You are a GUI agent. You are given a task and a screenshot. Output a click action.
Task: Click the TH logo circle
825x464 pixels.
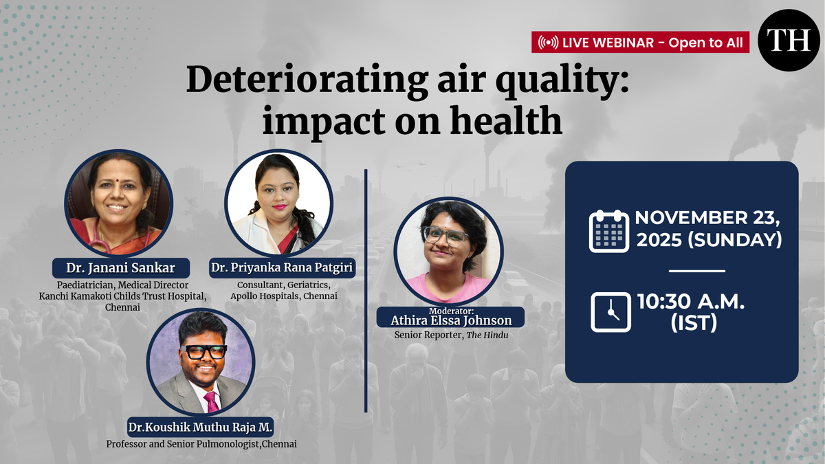tap(789, 41)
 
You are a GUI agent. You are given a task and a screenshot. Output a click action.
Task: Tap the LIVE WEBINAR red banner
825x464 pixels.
tap(640, 43)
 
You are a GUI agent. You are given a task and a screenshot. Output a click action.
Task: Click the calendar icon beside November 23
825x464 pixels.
tap(609, 231)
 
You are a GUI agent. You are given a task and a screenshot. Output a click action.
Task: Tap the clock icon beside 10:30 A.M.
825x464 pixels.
tap(610, 312)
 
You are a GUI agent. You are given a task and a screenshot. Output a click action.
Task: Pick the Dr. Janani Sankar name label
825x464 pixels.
tap(121, 267)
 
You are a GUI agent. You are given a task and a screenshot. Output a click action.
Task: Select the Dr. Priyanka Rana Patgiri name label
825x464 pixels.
tap(282, 267)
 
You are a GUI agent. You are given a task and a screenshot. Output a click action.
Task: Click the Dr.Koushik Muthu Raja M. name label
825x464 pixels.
tap(200, 427)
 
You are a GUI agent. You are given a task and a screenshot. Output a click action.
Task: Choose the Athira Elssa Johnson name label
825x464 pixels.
tap(451, 320)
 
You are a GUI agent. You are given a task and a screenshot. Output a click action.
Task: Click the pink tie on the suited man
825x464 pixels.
tap(212, 401)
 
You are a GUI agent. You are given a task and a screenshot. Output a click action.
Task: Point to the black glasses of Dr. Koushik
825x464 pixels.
tap(203, 352)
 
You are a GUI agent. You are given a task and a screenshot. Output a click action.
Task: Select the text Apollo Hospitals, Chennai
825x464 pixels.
tap(283, 296)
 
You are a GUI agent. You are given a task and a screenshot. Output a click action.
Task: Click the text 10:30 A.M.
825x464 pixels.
tap(691, 302)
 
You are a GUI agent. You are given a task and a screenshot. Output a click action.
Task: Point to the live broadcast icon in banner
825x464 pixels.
tap(548, 43)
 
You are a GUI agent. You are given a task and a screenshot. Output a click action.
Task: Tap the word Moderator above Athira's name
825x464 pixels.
tap(451, 311)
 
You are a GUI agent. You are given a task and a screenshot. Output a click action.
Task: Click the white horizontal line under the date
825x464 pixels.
tap(697, 271)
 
